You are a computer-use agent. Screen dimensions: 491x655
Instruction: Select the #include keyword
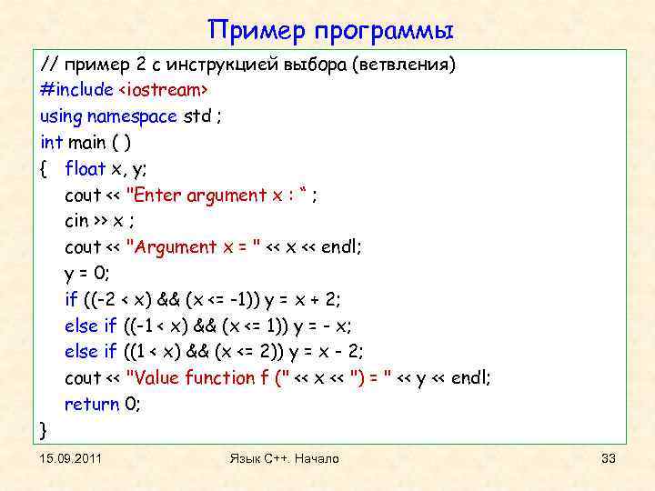click(x=76, y=90)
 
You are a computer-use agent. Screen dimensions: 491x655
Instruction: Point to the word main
click(x=87, y=143)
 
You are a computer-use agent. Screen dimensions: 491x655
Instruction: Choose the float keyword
click(x=86, y=169)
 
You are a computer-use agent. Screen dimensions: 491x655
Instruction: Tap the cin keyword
click(x=76, y=221)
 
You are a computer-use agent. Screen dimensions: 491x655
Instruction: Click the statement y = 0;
click(x=87, y=274)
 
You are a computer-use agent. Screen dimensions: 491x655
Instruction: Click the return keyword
click(x=92, y=405)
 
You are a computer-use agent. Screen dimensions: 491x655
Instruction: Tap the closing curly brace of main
click(x=45, y=428)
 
